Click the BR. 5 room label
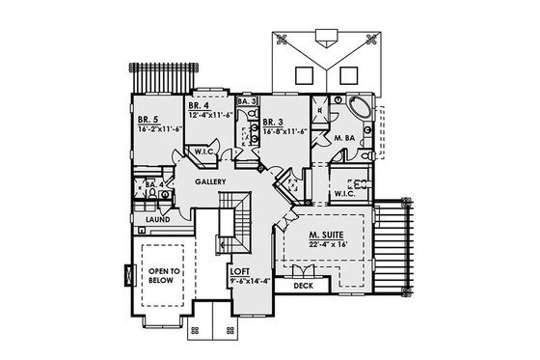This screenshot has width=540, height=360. coord(148,121)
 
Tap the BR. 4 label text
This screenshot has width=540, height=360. coord(199,105)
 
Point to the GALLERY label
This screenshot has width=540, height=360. coord(210,181)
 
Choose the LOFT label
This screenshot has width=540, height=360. coord(240,272)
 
